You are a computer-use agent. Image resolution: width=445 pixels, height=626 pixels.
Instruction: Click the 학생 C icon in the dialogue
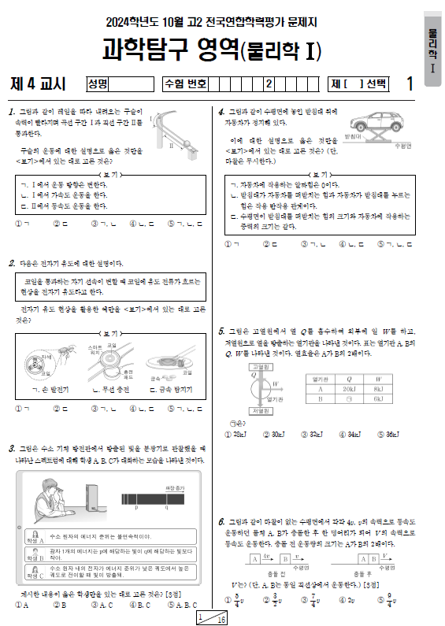(x=32, y=571)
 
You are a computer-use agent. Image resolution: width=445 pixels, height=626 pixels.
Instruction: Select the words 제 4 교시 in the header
(x=38, y=83)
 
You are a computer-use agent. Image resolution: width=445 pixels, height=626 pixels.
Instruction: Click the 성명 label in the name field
(x=98, y=83)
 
